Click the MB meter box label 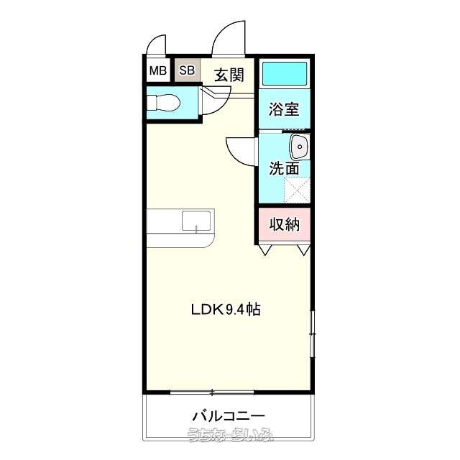point(158,70)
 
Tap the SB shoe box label point(187,70)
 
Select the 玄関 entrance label point(229,75)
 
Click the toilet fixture point(163,103)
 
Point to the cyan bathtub point(284,73)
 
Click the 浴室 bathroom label point(284,109)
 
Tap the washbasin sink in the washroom point(300,147)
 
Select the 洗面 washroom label point(284,168)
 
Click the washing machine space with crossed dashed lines point(297,190)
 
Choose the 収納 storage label point(285,224)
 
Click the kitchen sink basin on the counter point(196,221)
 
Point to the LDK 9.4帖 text point(226,309)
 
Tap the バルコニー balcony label point(229,416)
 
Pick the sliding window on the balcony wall point(212,392)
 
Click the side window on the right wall point(313,333)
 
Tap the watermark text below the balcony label point(230,435)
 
